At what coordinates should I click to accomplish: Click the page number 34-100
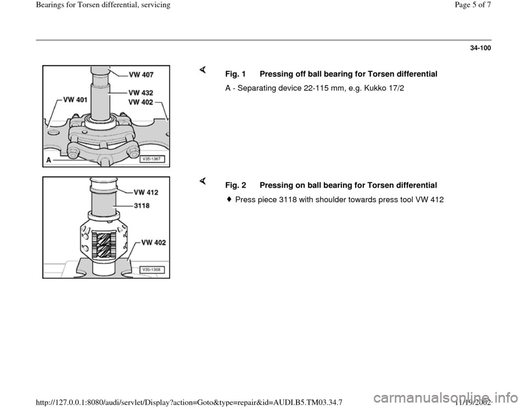pos(480,49)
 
